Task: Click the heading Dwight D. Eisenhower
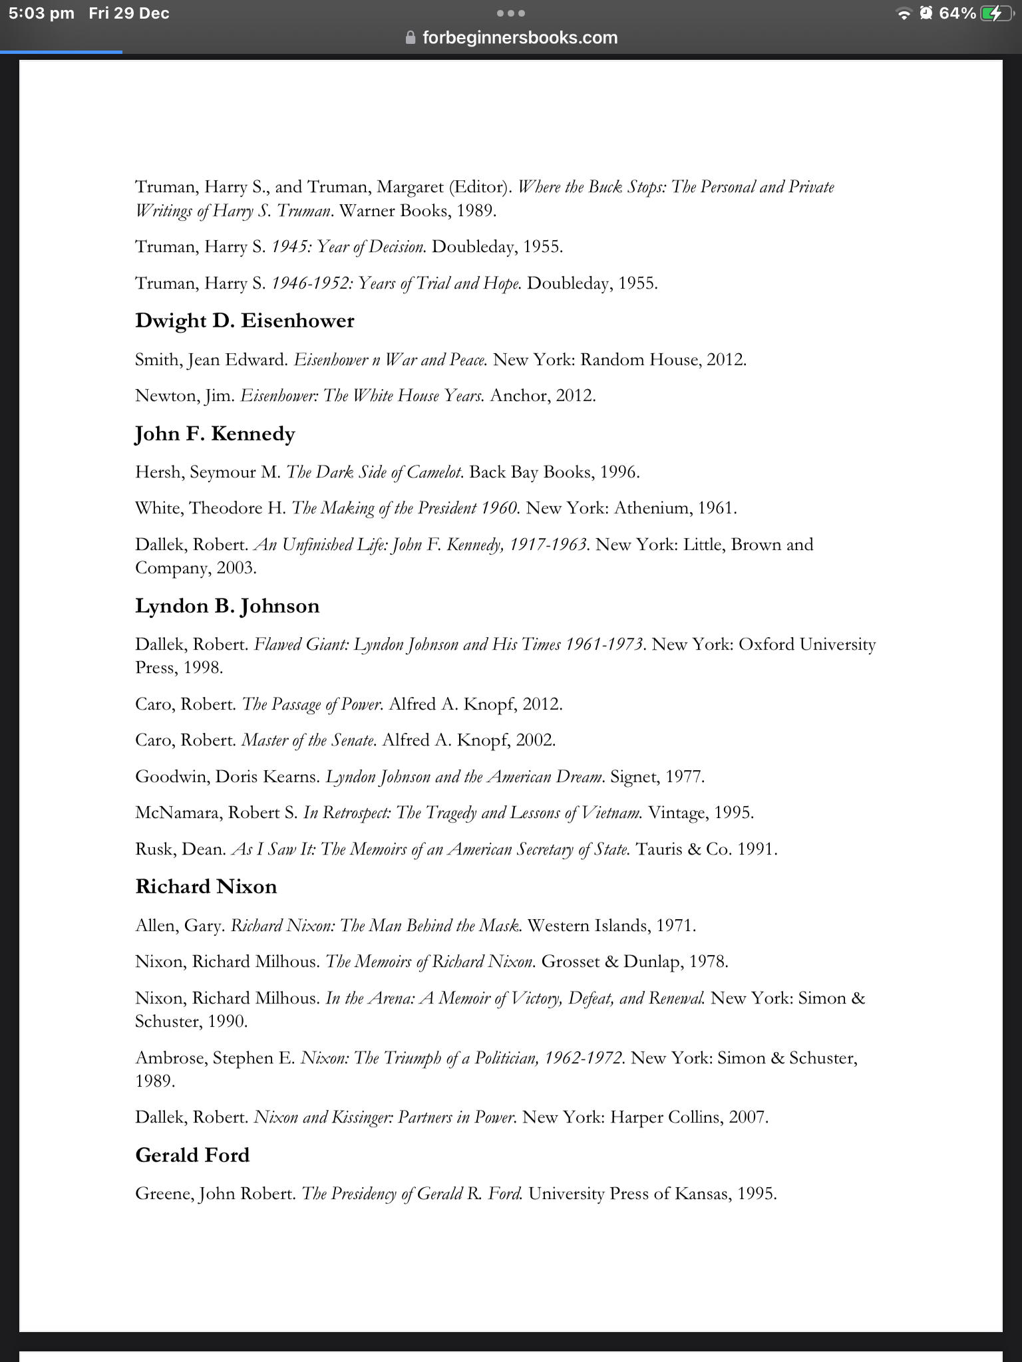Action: click(x=244, y=321)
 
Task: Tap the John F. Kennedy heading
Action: click(x=215, y=434)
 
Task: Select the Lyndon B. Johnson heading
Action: click(x=227, y=606)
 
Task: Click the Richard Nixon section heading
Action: click(x=206, y=886)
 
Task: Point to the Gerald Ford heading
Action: click(x=192, y=1155)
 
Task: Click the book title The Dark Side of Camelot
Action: click(x=374, y=472)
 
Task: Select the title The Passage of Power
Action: click(x=312, y=704)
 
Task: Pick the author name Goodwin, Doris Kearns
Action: click(x=228, y=777)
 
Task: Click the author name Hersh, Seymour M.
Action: click(x=208, y=472)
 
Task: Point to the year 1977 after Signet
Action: click(x=685, y=777)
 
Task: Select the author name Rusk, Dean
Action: click(x=180, y=849)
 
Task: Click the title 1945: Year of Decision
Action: click(x=348, y=247)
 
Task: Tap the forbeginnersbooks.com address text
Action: click(x=520, y=38)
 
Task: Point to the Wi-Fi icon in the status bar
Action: click(x=904, y=14)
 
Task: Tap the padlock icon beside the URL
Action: click(x=411, y=38)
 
